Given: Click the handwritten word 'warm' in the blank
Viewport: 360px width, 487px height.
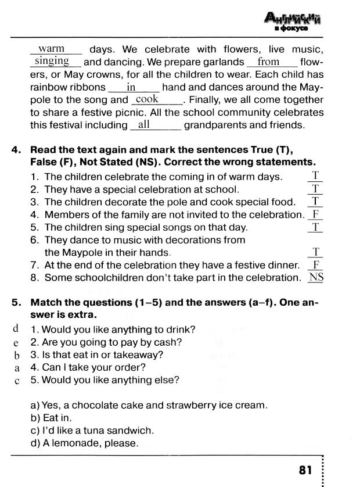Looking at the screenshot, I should point(51,49).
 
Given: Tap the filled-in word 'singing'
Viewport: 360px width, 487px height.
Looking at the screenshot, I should point(52,61).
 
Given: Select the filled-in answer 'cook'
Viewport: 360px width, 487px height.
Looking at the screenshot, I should point(147,99).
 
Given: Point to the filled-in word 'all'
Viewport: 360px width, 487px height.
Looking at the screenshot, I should point(144,124).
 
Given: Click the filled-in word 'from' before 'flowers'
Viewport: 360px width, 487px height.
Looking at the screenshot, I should point(269,62).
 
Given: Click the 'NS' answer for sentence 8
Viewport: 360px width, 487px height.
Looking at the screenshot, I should point(316,277).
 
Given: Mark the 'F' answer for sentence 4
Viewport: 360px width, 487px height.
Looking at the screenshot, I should point(315,214).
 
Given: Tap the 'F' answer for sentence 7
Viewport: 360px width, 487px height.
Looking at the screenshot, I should point(315,264).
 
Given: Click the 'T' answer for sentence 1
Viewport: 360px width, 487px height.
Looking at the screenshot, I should point(315,176).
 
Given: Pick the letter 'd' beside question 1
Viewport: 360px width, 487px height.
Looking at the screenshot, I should point(16,329).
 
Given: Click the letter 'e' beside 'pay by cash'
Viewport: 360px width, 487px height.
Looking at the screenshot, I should point(16,342).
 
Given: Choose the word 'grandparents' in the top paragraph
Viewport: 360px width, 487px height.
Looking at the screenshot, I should point(213,125).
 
